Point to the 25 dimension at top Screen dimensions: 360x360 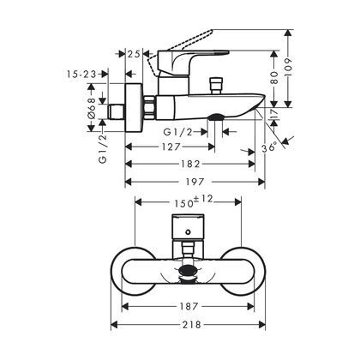[x=133, y=55]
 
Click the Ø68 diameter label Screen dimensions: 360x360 [x=91, y=110]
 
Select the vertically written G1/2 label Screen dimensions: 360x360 [x=102, y=146]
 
